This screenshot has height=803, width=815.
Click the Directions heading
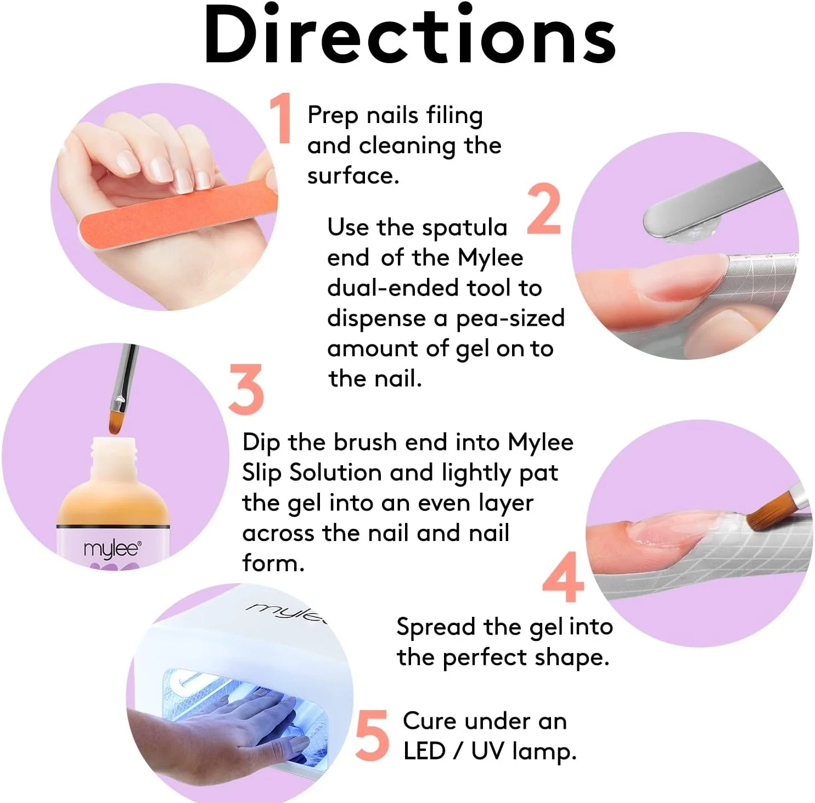[410, 34]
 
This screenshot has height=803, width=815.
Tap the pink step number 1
[282, 118]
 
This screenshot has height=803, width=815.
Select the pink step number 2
[544, 209]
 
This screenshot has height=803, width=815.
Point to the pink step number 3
[246, 389]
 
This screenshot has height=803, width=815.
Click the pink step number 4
[564, 576]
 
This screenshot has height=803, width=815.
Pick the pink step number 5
[372, 735]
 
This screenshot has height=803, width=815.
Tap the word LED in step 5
[424, 751]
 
